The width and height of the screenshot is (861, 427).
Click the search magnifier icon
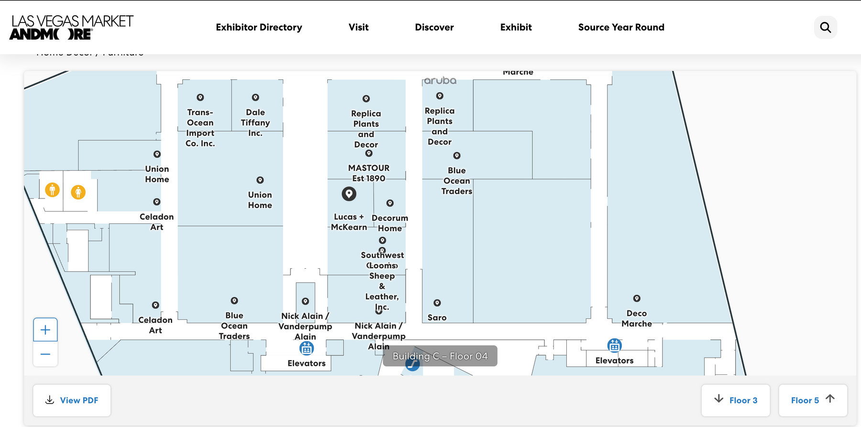(x=825, y=27)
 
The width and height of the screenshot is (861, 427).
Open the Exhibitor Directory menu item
(x=259, y=27)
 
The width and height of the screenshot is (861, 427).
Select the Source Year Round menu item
(x=621, y=27)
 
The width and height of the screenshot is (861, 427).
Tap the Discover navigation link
(x=434, y=27)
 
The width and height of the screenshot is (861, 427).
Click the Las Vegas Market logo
(x=71, y=27)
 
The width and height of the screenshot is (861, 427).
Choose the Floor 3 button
(x=735, y=400)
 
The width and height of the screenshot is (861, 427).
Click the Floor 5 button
(x=813, y=400)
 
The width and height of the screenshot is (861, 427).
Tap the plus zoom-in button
(x=45, y=330)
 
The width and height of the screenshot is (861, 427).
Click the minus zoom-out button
(x=45, y=354)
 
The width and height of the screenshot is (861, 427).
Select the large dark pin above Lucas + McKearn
(x=349, y=194)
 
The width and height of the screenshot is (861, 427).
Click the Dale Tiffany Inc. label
(x=255, y=122)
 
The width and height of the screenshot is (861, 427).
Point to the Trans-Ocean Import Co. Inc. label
(x=200, y=128)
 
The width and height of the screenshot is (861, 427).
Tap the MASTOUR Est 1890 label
(x=369, y=173)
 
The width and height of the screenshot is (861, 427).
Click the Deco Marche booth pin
(x=637, y=298)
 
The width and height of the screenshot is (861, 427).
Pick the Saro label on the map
(x=437, y=318)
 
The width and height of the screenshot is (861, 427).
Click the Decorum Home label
(x=390, y=223)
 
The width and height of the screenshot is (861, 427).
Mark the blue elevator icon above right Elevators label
(x=614, y=345)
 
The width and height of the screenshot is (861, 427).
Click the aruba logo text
(x=440, y=81)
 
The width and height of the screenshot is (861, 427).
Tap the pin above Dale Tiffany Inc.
(x=255, y=98)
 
